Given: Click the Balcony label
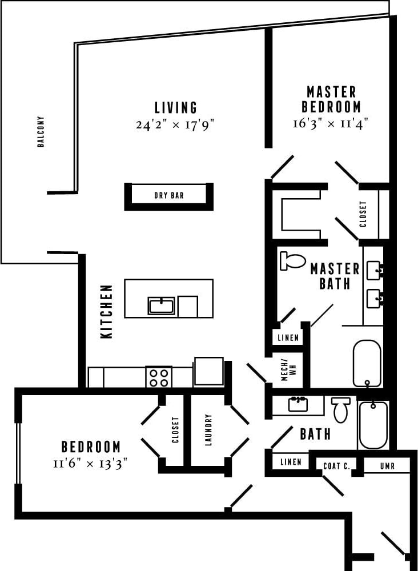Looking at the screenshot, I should [41, 132].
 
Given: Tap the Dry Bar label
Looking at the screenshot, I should [169, 195].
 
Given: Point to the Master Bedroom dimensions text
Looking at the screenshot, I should [331, 122].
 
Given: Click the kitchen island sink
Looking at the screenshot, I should [162, 305].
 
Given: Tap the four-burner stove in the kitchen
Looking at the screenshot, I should [159, 376].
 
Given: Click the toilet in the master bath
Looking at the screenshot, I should [294, 261].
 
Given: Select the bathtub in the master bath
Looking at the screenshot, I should [367, 363].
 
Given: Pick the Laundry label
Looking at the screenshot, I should [208, 429].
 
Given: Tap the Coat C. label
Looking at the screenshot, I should [336, 466].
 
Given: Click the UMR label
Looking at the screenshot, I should [387, 466].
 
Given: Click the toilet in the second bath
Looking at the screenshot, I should [340, 409].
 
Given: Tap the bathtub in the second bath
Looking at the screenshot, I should [373, 425].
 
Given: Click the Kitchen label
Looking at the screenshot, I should [107, 312].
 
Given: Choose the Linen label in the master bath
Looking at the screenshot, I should [288, 337].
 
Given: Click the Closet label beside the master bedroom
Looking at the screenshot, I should [363, 214].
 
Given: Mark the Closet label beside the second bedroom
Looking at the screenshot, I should [175, 429].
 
